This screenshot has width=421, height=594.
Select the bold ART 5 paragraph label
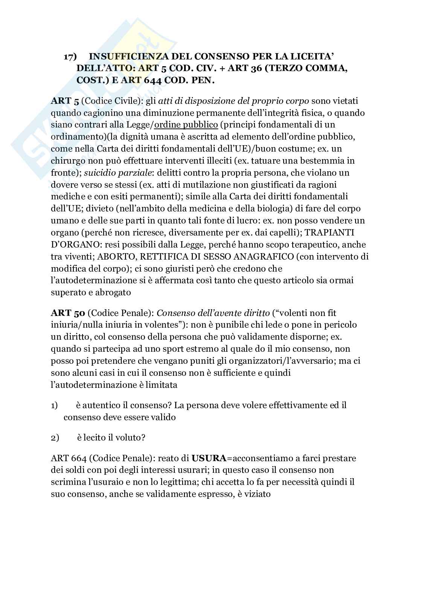click(x=61, y=101)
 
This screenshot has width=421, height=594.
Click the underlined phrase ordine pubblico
click(x=186, y=125)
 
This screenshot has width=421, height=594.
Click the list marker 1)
click(x=54, y=406)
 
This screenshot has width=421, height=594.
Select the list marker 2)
click(x=54, y=438)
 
